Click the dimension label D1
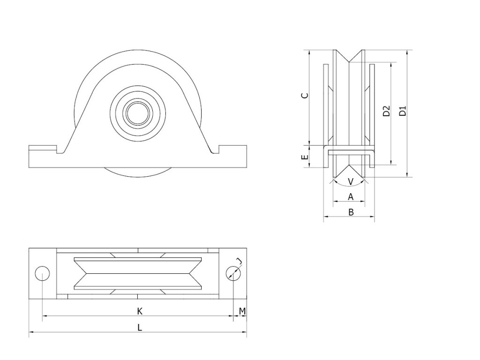coord(402,112)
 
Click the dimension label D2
coord(386,112)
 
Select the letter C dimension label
coord(305,96)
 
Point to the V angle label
coord(351,181)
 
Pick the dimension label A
coord(351,197)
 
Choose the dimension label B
coord(351,212)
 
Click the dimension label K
coord(139,311)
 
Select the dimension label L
coord(139,328)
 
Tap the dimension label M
coord(242,311)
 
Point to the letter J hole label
coord(239,261)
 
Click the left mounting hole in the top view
coord(42,273)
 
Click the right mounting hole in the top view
coord(232,273)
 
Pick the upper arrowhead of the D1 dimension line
coord(407,52)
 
